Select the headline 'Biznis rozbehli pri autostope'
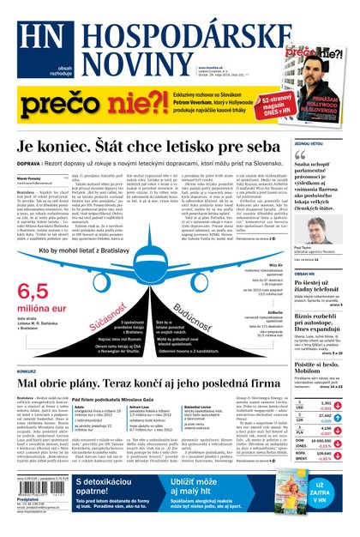324,328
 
